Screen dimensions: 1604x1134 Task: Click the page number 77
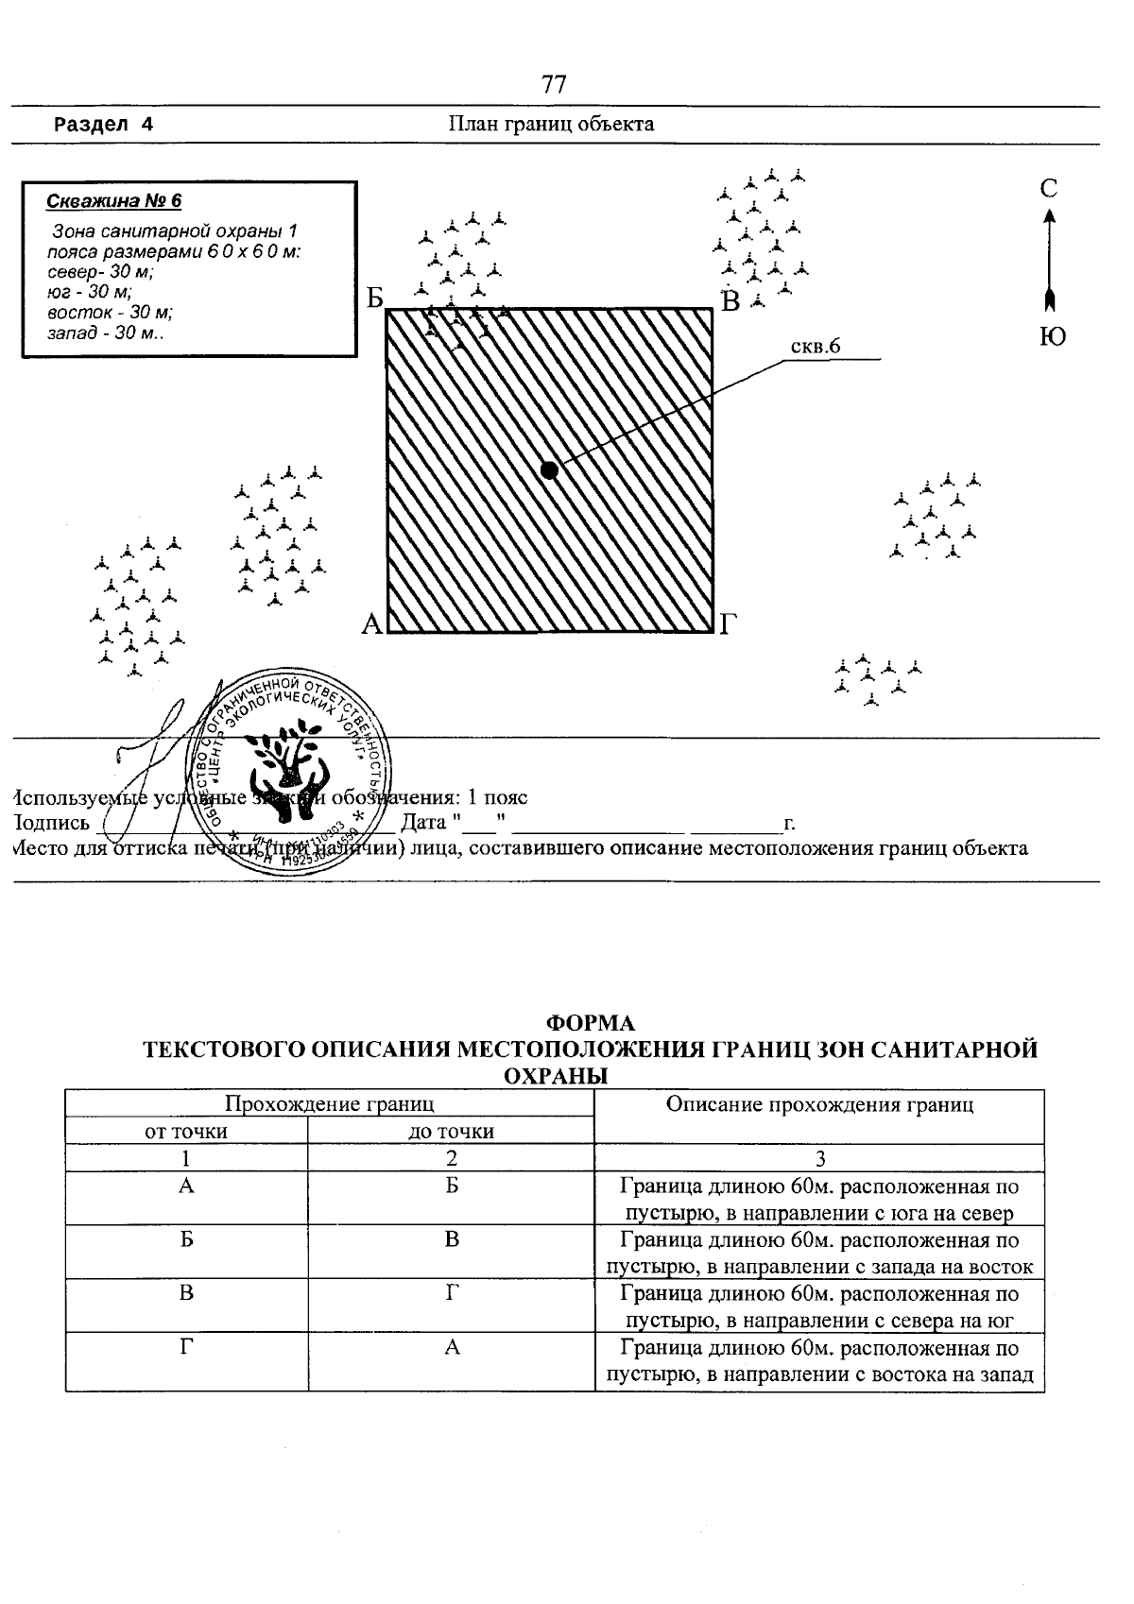(x=554, y=85)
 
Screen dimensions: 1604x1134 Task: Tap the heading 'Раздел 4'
(x=103, y=125)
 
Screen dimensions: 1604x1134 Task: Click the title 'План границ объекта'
(x=551, y=124)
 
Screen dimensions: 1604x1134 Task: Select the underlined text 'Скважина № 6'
(x=113, y=201)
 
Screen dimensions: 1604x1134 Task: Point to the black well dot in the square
(x=548, y=469)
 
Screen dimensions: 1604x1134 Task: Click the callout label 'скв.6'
(x=815, y=347)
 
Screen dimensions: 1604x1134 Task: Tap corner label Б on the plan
(x=375, y=299)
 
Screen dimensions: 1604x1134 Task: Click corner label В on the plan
(x=730, y=302)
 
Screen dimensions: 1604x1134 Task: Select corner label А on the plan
(x=371, y=624)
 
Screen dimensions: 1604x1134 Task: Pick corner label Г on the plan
(x=727, y=624)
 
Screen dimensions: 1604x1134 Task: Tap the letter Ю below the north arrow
(x=1053, y=337)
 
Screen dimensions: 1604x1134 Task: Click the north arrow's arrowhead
(x=1049, y=217)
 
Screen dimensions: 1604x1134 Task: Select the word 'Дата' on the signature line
(x=423, y=821)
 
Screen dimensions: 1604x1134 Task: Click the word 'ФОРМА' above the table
(x=592, y=1023)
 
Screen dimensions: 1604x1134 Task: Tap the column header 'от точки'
(x=186, y=1132)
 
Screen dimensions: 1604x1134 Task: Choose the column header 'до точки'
(x=451, y=1132)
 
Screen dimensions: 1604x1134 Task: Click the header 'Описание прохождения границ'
(x=819, y=1104)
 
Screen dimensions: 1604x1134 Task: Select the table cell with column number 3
(x=819, y=1159)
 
